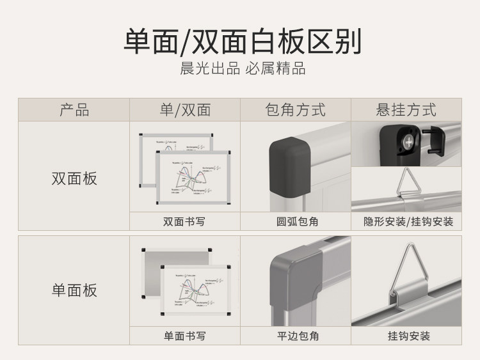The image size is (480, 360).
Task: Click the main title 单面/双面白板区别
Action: click(242, 41)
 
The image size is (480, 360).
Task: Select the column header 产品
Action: click(74, 109)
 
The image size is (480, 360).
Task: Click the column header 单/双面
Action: click(185, 109)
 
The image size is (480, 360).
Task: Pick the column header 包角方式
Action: click(295, 109)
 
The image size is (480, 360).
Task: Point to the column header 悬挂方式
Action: click(406, 109)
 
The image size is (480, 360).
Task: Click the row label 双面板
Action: click(74, 178)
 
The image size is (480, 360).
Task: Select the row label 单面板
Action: click(74, 290)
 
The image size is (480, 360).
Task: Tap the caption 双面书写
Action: click(184, 222)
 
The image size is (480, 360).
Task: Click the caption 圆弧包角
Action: click(295, 222)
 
